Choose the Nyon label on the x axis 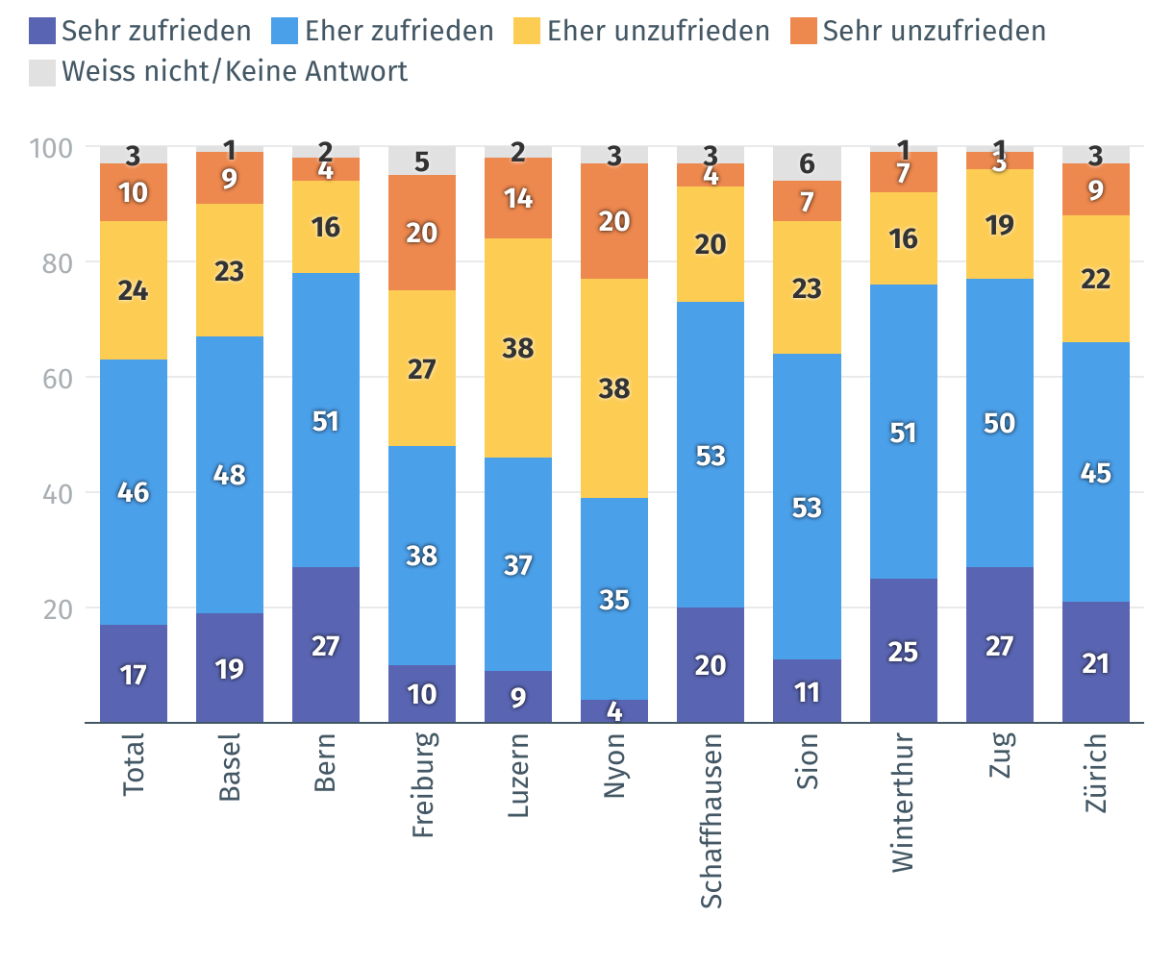614,765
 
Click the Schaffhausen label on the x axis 711,820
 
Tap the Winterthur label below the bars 903,803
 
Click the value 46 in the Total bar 134,492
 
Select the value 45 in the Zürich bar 1095,473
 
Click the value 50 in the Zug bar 999,423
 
